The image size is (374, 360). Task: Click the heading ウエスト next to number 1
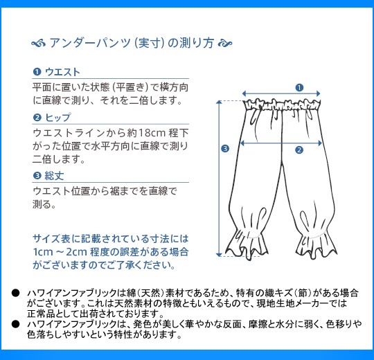point(62,72)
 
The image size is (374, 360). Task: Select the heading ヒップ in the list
point(58,118)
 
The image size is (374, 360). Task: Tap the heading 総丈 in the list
point(55,176)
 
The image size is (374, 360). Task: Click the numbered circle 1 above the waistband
point(299,87)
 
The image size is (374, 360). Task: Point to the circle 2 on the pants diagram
point(299,150)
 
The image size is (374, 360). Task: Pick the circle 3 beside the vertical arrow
point(225,149)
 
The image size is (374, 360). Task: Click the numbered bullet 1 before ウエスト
point(37,72)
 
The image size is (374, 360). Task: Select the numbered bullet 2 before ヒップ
point(37,118)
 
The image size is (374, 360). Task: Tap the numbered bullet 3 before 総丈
point(37,176)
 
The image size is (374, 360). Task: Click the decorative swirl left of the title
point(38,44)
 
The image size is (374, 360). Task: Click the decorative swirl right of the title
point(225,43)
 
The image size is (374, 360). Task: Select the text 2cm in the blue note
point(76,252)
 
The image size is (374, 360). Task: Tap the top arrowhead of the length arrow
point(219,102)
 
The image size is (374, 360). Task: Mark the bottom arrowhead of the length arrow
point(219,255)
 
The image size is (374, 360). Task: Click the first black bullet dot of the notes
point(15,293)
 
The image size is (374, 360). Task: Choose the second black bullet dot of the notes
point(15,324)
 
